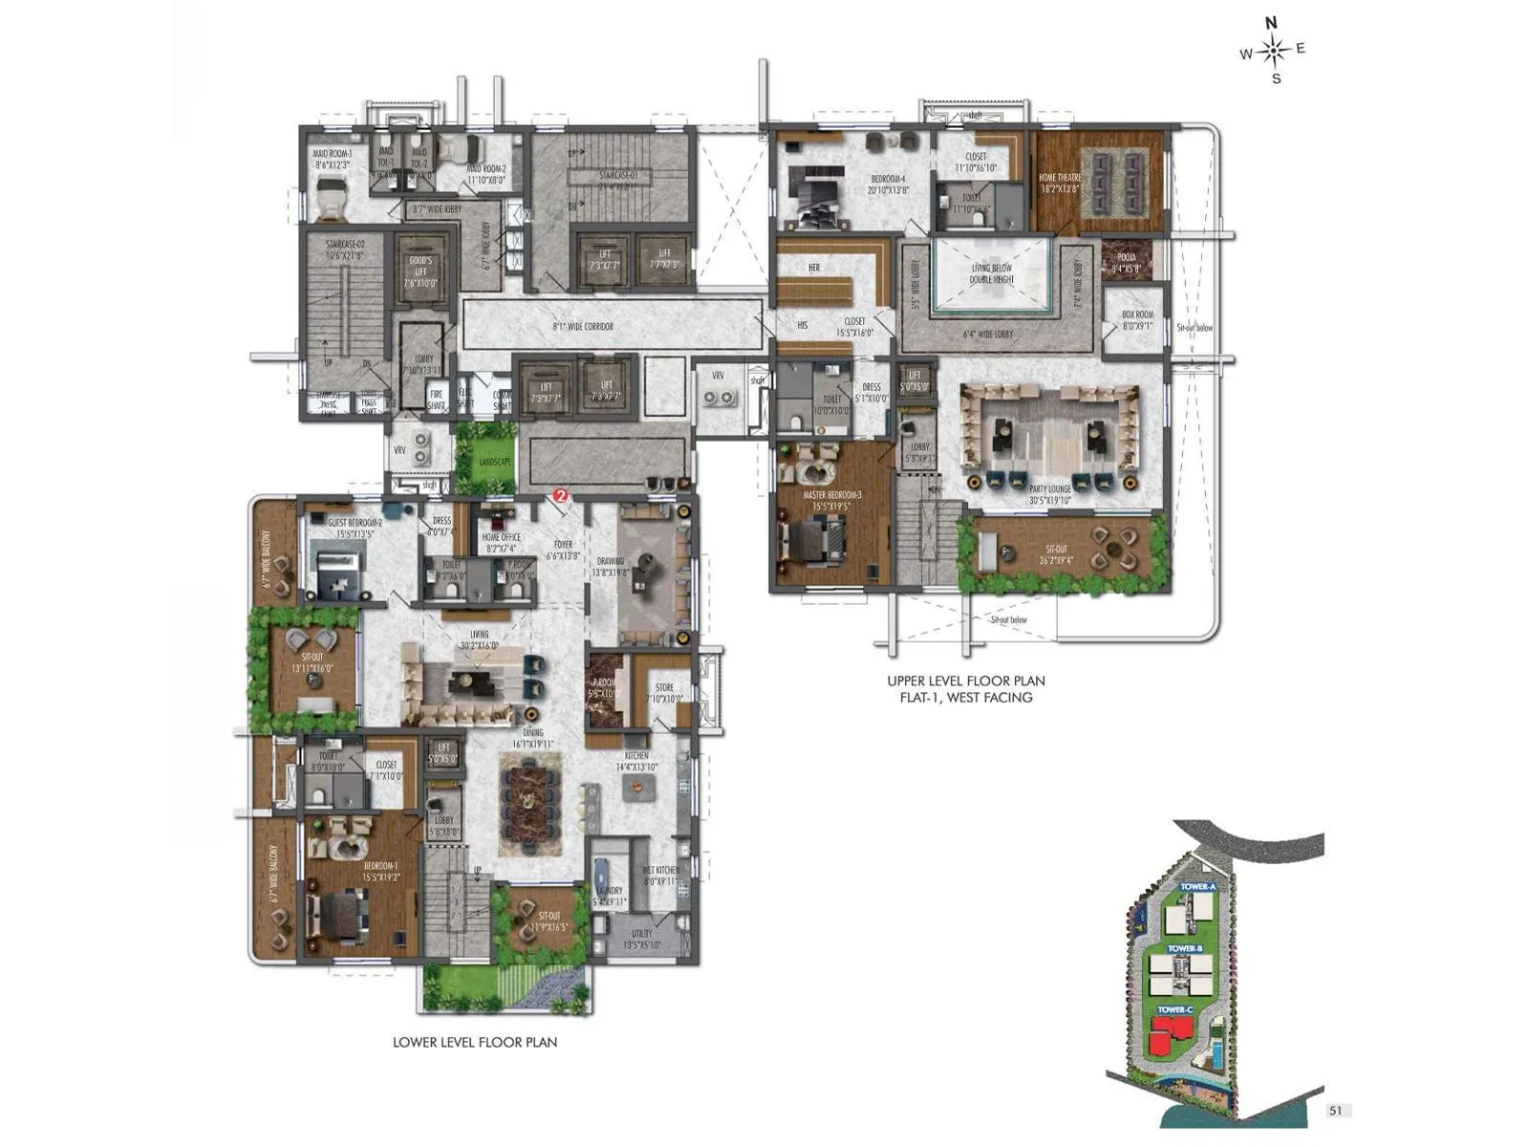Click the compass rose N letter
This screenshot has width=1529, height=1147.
pyautogui.click(x=1271, y=24)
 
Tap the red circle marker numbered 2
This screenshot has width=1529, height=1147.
pyautogui.click(x=561, y=496)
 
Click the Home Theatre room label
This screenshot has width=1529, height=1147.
pyautogui.click(x=1060, y=183)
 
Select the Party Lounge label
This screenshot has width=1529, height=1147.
pyautogui.click(x=1050, y=494)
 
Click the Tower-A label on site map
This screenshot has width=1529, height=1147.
pyautogui.click(x=1197, y=887)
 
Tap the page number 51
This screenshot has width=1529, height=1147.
pyautogui.click(x=1336, y=1111)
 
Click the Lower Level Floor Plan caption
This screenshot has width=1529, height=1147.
pyautogui.click(x=475, y=1042)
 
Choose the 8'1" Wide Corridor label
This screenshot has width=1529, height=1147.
pyautogui.click(x=583, y=327)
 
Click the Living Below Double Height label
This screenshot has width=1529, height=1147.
pyautogui.click(x=992, y=274)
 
